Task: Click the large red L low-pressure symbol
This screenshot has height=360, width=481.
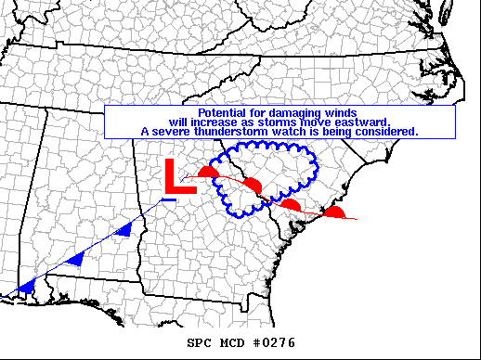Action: pyautogui.click(x=178, y=176)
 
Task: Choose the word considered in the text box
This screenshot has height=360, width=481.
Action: pyautogui.click(x=387, y=132)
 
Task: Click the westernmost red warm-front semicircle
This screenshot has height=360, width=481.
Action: pyautogui.click(x=209, y=173)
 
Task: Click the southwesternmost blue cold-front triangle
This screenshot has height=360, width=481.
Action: pyautogui.click(x=27, y=288)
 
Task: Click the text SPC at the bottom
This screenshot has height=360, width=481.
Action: pyautogui.click(x=201, y=343)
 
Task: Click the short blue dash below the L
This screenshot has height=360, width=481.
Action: pyautogui.click(x=168, y=199)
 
